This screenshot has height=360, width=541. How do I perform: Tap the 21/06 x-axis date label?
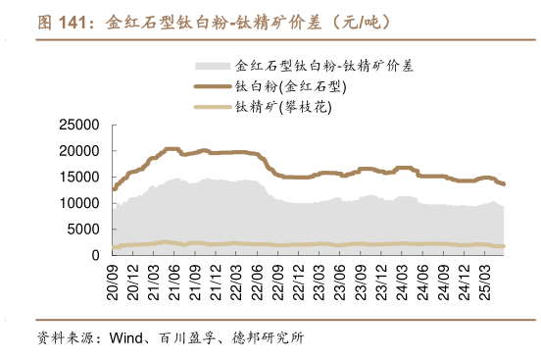[x=174, y=279]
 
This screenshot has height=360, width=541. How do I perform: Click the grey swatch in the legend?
[x=213, y=67]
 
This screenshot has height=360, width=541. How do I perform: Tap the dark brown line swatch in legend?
[x=213, y=86]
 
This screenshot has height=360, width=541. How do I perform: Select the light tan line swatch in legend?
[x=213, y=106]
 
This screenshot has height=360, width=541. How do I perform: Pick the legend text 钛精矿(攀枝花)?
[x=284, y=106]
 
